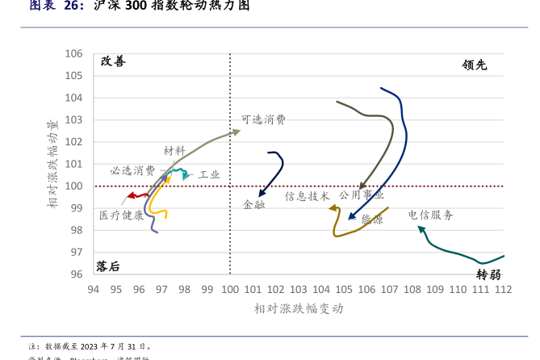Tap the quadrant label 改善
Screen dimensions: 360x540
point(113,61)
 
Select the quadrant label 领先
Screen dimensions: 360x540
point(475,65)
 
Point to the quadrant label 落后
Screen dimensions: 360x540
point(107,266)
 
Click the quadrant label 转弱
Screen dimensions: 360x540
point(488,273)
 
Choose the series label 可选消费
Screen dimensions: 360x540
point(263,119)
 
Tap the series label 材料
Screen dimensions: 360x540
point(174,151)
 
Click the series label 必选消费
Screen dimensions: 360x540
point(133,170)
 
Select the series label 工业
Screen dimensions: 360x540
point(209,174)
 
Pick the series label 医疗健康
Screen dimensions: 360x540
point(122,216)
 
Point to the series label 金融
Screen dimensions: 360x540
point(253,205)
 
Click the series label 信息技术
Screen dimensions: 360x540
point(307,196)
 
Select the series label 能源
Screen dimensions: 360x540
point(372,219)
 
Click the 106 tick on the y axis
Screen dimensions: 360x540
point(73,54)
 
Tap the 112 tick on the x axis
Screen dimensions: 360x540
point(503,289)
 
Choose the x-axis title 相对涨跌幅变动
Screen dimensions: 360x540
point(299,308)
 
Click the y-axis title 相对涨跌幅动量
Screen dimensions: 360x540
point(52,164)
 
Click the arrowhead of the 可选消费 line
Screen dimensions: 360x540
point(237,132)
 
